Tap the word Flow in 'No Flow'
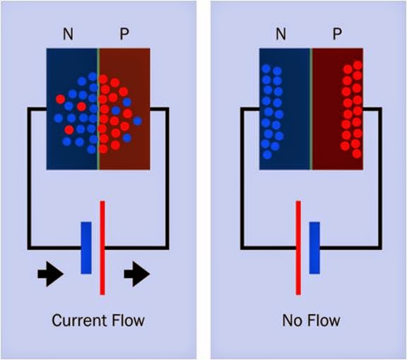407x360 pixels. (x=324, y=320)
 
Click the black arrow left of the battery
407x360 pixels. (x=50, y=275)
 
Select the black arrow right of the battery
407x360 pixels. (x=136, y=275)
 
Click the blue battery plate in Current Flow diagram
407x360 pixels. (x=86, y=248)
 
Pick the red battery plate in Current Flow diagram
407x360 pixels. (x=102, y=248)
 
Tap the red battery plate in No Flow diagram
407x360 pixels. (x=298, y=248)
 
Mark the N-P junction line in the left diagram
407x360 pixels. (x=98, y=110)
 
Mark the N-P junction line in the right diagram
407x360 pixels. (x=312, y=110)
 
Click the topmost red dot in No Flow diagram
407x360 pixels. (x=358, y=65)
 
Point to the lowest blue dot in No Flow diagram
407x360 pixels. (x=266, y=153)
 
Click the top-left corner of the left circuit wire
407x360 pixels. (x=29, y=109)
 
